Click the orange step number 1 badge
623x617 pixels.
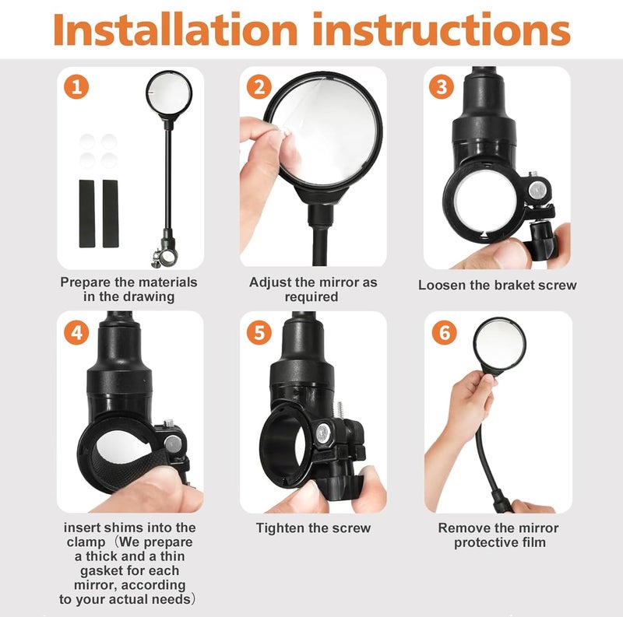pyautogui.click(x=76, y=87)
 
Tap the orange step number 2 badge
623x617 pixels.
pyautogui.click(x=259, y=87)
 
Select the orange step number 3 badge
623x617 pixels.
pyautogui.click(x=442, y=87)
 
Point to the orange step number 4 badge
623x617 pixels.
pyautogui.click(x=76, y=332)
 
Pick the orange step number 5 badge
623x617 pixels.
pyautogui.click(x=259, y=332)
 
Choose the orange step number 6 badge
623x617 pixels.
pyautogui.click(x=445, y=332)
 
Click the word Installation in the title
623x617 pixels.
pyautogui.click(x=175, y=30)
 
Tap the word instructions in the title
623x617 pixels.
pyautogui.click(x=442, y=30)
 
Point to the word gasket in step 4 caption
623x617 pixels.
pyautogui.click(x=100, y=571)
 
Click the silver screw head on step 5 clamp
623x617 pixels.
pyautogui.click(x=323, y=433)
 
